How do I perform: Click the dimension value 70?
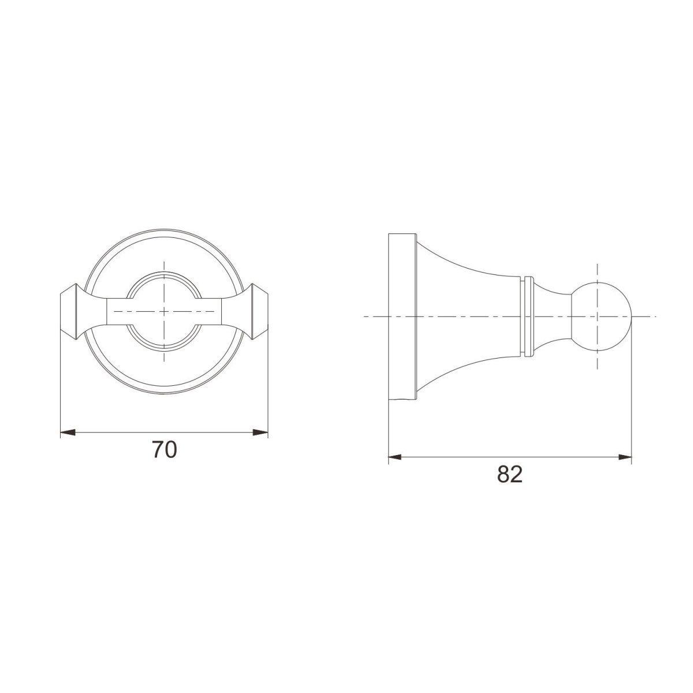coord(165,449)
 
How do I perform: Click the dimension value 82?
coord(510,474)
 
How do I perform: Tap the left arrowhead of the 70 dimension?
coord(68,433)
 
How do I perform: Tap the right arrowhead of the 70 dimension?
coord(260,433)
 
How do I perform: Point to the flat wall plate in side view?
coord(402,316)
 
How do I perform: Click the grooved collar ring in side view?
coord(528,316)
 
